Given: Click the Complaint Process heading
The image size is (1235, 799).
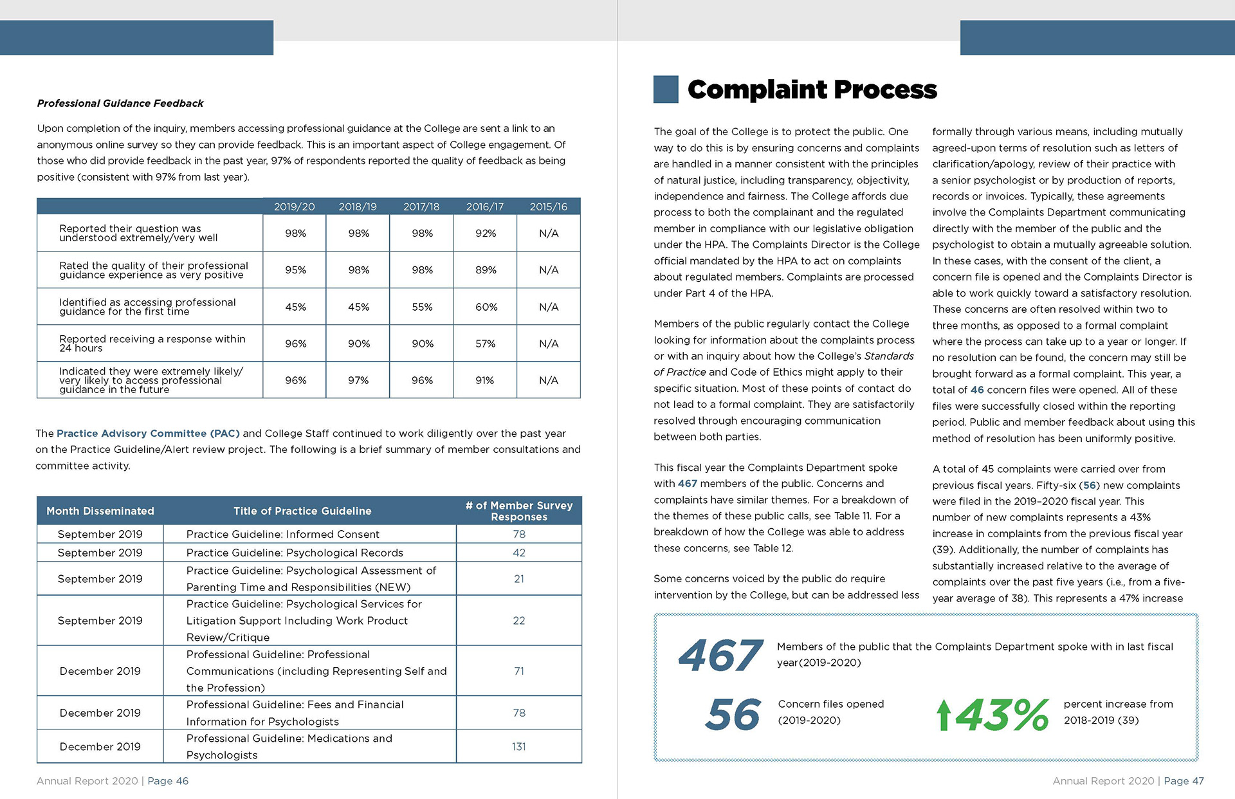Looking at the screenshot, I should tap(812, 90).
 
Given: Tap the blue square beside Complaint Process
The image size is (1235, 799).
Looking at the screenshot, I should tap(666, 89).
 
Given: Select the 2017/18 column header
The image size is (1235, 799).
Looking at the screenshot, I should tap(421, 207).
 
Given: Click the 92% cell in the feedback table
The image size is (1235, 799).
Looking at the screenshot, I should tap(486, 233).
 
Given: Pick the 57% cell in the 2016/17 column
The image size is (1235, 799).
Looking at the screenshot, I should tap(486, 344).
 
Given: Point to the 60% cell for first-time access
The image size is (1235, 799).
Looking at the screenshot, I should tap(486, 307).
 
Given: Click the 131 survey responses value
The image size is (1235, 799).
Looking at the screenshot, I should tap(519, 746).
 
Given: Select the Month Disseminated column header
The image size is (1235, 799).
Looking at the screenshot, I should tap(100, 511).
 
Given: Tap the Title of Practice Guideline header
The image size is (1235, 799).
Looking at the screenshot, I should tap(302, 511).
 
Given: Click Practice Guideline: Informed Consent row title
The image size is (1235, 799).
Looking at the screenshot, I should tap(283, 534).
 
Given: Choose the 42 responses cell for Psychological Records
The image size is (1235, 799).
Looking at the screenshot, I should tap(519, 553).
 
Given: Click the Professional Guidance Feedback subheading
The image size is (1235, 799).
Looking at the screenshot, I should tap(120, 103).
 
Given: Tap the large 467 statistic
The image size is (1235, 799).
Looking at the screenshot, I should tap(720, 655).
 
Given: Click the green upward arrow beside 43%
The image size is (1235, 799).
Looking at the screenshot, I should tap(944, 715).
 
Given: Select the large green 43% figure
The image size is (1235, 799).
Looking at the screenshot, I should tap(1002, 715).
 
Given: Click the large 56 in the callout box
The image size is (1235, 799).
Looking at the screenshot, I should tap(733, 715).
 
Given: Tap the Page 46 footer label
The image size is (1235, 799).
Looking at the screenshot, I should tap(168, 781).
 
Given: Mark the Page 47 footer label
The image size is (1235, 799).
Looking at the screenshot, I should tap(1184, 781).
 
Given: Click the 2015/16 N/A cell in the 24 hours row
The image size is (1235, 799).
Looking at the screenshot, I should tap(549, 344).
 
